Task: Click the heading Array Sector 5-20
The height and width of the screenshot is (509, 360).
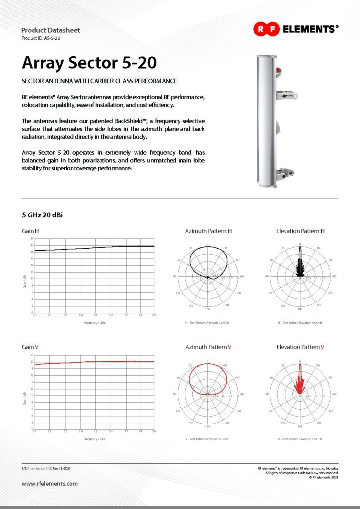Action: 90,63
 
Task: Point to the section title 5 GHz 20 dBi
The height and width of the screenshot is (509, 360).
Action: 42,216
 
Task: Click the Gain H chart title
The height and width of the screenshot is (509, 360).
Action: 31,231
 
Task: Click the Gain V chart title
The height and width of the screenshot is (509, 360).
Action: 31,347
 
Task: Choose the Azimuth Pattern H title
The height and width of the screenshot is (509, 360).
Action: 208,231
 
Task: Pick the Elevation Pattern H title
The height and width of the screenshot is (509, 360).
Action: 300,231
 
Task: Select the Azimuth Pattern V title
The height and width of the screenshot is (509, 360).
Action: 208,347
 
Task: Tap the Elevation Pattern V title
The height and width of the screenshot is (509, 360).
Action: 300,347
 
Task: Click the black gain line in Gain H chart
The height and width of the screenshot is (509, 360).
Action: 94,248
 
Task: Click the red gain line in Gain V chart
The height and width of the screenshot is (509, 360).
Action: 94,362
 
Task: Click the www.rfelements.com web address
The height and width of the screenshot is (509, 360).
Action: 50,483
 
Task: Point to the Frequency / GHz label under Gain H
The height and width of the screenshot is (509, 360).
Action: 94,323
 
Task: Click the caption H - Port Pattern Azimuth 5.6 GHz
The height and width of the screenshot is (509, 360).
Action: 208,323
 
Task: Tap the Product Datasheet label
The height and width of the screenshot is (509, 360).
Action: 50,30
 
